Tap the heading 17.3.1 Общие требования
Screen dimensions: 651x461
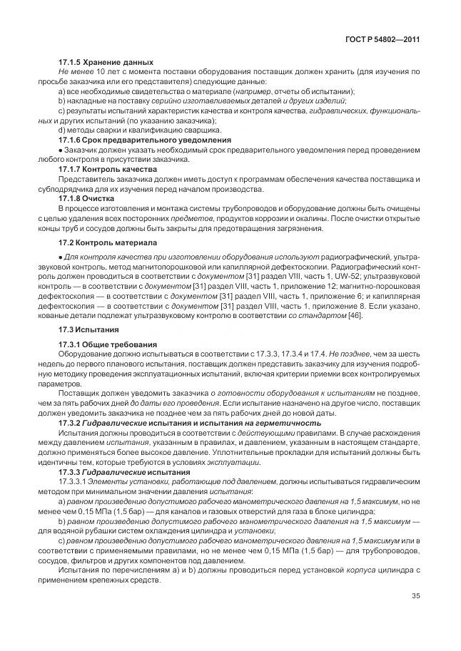pos(107,344)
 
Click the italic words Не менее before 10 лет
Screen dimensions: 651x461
pos(74,73)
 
